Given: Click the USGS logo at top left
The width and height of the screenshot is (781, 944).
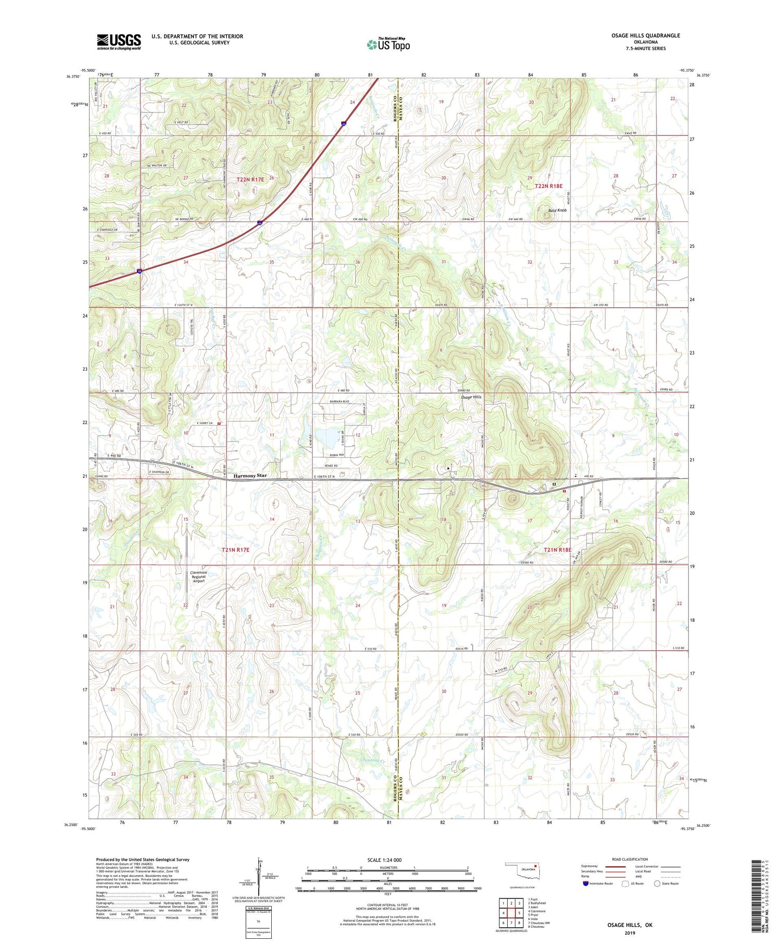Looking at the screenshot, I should pyautogui.click(x=119, y=42).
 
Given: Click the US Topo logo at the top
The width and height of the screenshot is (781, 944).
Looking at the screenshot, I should pyautogui.click(x=388, y=44).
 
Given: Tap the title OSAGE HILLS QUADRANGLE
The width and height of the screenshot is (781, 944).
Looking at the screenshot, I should pyautogui.click(x=646, y=35).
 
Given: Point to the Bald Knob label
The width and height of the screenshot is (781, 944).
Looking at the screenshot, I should pyautogui.click(x=557, y=210).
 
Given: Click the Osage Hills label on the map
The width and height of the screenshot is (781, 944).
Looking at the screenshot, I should pyautogui.click(x=471, y=397).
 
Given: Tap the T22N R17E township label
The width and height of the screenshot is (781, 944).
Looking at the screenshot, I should pyautogui.click(x=250, y=179).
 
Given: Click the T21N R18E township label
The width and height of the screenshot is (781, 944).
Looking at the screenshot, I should pyautogui.click(x=558, y=550).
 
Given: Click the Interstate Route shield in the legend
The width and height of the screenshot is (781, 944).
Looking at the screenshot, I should pyautogui.click(x=586, y=884).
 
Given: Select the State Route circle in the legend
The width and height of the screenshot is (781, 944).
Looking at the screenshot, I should pyautogui.click(x=658, y=884).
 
